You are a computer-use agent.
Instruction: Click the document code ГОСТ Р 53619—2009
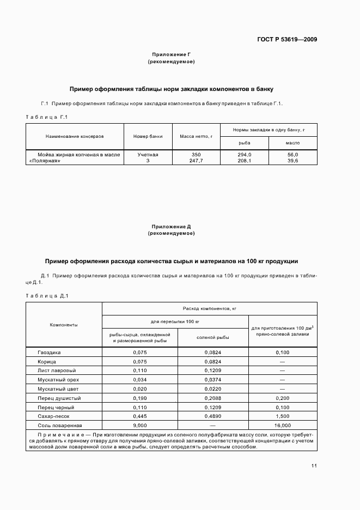point(288,39)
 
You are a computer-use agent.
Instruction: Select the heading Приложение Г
point(171,54)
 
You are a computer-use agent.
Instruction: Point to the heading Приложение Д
point(171,226)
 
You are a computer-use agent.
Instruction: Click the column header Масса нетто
point(196,136)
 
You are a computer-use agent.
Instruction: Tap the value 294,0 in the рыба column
point(245,155)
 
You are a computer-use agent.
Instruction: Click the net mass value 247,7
point(196,161)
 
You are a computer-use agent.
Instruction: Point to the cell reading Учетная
point(148,155)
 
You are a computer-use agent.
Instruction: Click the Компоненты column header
point(64,325)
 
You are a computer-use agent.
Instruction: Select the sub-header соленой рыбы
point(213,337)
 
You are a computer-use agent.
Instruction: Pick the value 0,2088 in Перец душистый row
point(213,398)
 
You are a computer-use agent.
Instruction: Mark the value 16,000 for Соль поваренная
point(283,425)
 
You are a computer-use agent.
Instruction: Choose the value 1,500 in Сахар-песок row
point(283,416)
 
